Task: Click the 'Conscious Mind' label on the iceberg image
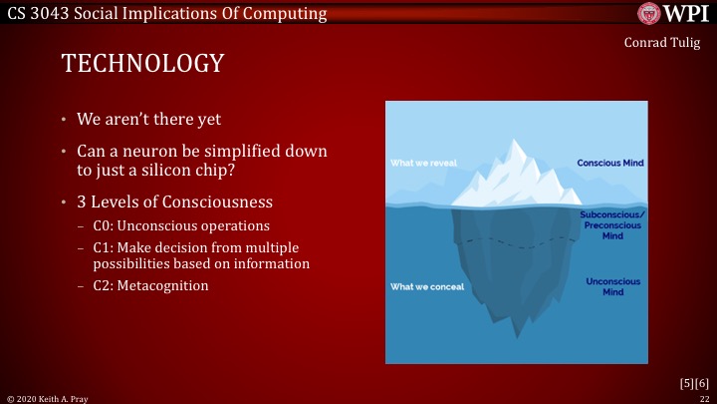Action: click(610, 163)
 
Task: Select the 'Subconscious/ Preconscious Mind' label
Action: click(612, 226)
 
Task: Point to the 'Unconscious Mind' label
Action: click(612, 287)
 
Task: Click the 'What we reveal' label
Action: click(422, 163)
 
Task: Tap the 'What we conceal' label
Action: click(426, 287)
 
